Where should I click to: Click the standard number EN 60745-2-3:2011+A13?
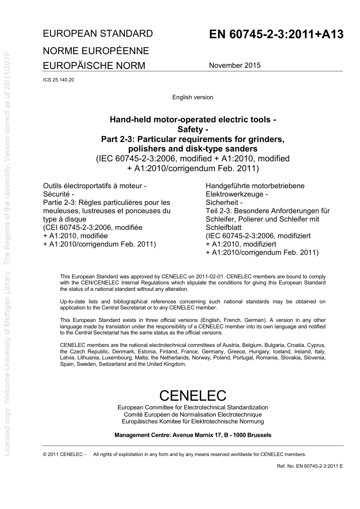point(276,34)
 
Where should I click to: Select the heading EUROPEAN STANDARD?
point(98,34)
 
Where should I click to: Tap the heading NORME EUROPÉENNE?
point(96,51)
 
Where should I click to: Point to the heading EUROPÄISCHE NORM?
point(94,66)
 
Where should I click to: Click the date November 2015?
point(235,65)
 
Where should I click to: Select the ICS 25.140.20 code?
point(59,80)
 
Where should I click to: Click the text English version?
point(193,97)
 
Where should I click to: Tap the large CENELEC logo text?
point(193,395)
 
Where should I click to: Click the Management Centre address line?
point(193,435)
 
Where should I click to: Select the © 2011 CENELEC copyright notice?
point(64,454)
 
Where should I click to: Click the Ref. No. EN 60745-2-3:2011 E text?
point(310,466)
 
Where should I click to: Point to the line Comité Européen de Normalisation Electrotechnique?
point(193,415)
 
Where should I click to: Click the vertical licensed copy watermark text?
point(7,254)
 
